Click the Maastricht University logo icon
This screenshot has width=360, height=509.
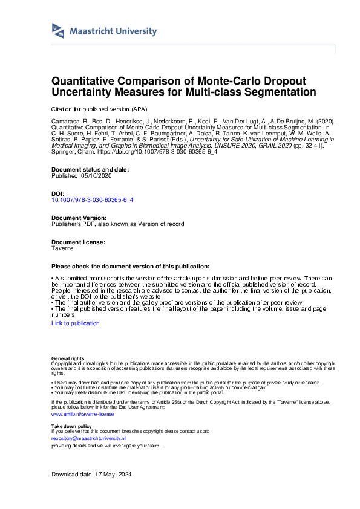tap(58, 30)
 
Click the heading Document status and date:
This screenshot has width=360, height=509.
tap(90, 169)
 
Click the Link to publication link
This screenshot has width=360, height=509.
tap(76, 323)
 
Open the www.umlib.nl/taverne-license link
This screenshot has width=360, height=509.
tap(82, 414)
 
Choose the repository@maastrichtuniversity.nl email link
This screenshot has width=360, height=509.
tap(88, 438)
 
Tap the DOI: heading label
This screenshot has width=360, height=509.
tap(58, 193)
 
